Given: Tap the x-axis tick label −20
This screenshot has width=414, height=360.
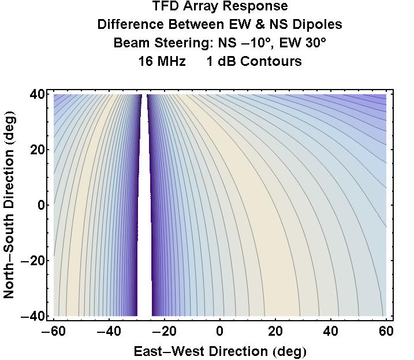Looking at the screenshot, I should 161,331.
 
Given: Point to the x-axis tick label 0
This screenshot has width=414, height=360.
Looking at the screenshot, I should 220,331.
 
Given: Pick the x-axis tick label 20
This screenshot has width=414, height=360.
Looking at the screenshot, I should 275,331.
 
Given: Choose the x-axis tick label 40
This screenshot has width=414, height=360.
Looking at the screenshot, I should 331,331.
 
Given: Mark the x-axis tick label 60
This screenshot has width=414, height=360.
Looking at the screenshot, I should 386,331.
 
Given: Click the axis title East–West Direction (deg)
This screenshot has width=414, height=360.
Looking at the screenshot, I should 220,351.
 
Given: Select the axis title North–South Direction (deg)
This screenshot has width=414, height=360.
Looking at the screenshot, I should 9,206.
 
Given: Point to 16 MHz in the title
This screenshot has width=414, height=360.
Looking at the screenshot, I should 162,61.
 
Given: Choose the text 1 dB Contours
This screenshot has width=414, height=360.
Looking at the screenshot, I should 254,61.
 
